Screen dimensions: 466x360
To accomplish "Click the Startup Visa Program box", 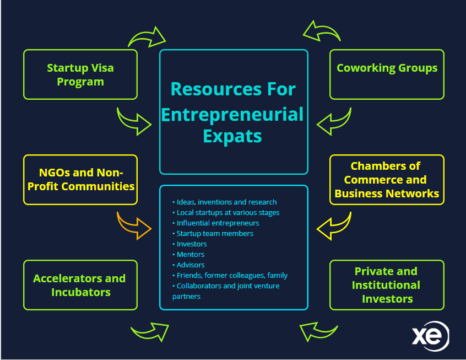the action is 80,74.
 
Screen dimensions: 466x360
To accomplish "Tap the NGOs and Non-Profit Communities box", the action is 80,179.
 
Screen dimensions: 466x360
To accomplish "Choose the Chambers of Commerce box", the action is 387,179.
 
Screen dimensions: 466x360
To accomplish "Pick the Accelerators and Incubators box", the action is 80,284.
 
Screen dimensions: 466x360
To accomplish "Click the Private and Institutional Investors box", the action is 387,284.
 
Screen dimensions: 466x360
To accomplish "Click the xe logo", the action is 430,336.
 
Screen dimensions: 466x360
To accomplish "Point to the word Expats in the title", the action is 232,135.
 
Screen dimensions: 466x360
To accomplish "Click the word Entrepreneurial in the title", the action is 233,114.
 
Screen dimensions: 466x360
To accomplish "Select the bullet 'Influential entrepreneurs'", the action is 218,223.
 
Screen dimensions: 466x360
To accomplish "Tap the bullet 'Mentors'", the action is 191,254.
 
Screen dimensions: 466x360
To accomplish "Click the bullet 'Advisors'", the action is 191,265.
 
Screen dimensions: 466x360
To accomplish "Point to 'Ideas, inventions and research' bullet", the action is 226,202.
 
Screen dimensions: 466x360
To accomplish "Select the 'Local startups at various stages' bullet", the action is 228,212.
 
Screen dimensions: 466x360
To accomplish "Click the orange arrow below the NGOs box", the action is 134,224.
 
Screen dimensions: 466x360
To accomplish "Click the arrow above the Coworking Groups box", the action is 321,33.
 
